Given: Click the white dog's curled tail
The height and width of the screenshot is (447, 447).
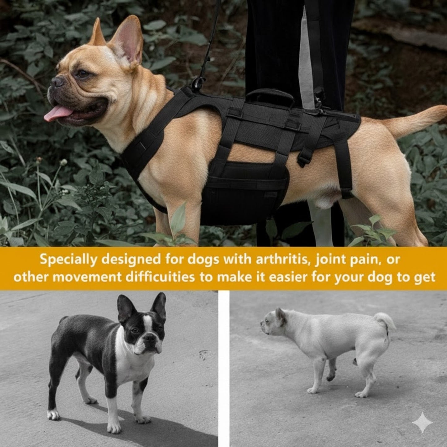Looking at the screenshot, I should tap(385, 322).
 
